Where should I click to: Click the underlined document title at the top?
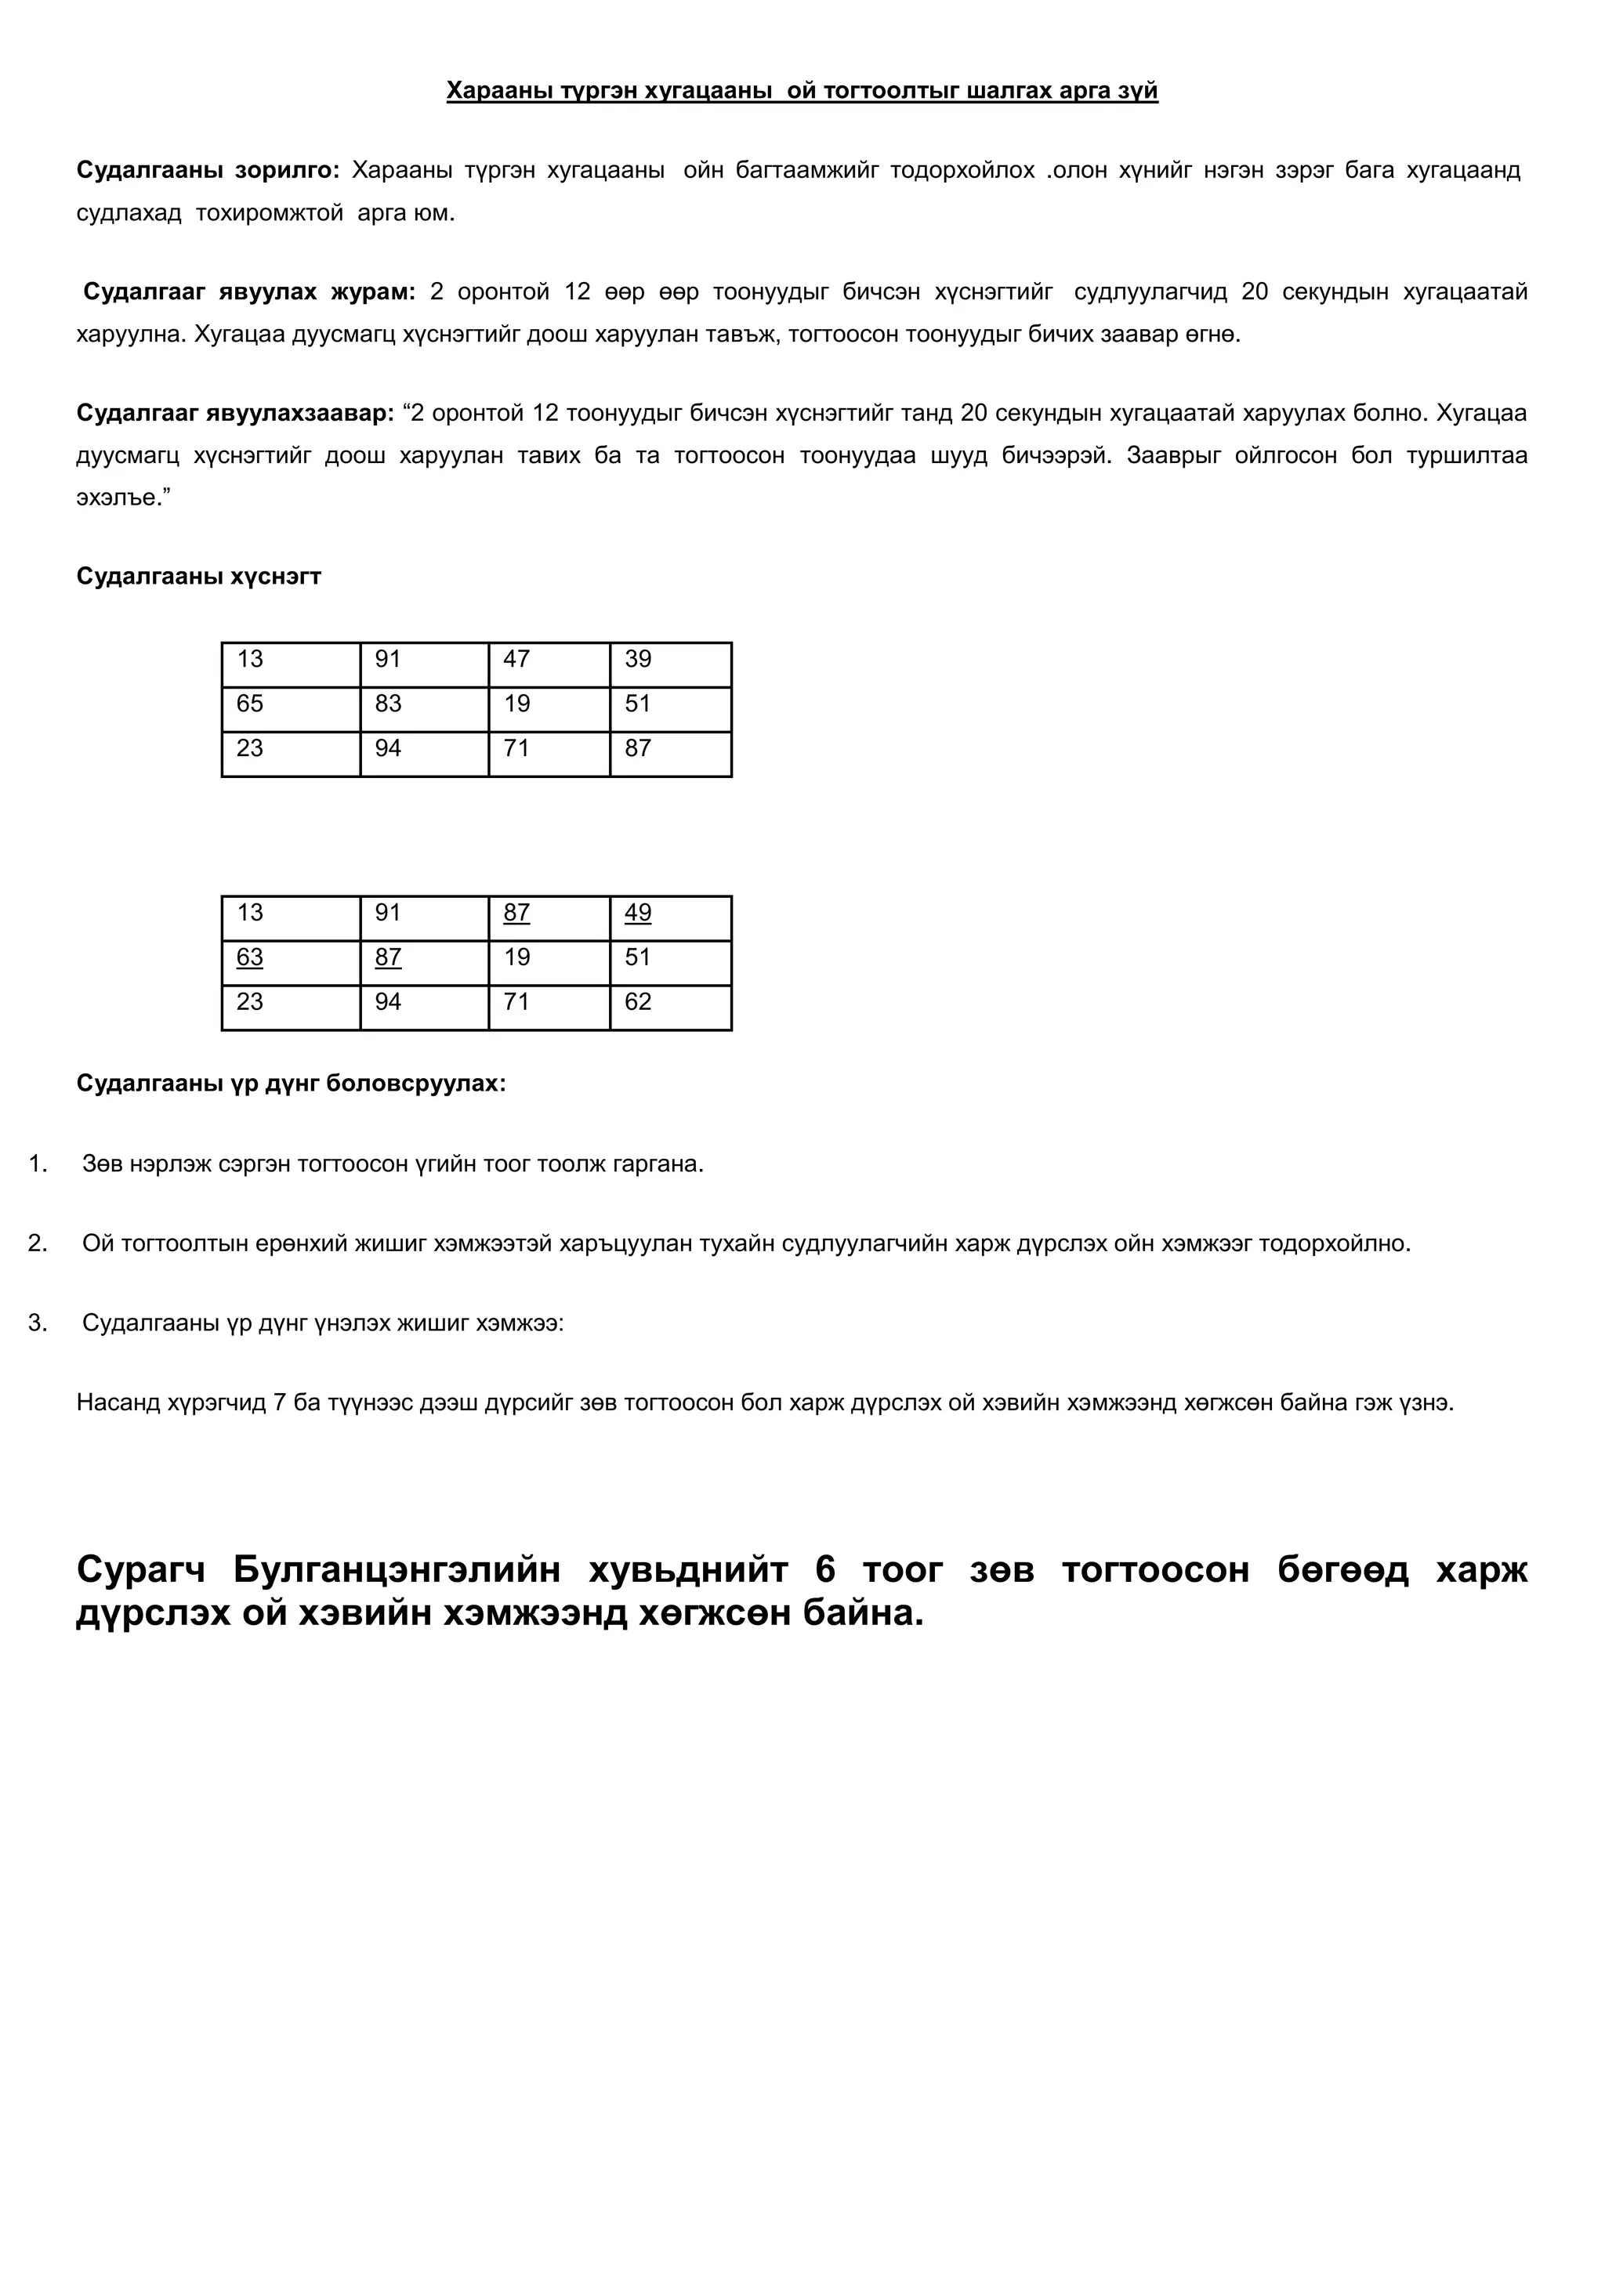tap(802, 91)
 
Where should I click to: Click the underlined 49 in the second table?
tap(639, 913)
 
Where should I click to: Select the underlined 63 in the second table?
tap(250, 957)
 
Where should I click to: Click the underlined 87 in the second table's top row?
tap(517, 913)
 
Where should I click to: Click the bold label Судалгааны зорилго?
tap(208, 170)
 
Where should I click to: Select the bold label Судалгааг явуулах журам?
tap(249, 291)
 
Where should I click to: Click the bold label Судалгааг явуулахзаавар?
tap(235, 413)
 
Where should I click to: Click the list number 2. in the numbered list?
tap(38, 1243)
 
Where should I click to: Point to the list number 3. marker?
tap(38, 1323)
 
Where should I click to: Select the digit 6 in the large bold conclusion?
tap(825, 1569)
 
